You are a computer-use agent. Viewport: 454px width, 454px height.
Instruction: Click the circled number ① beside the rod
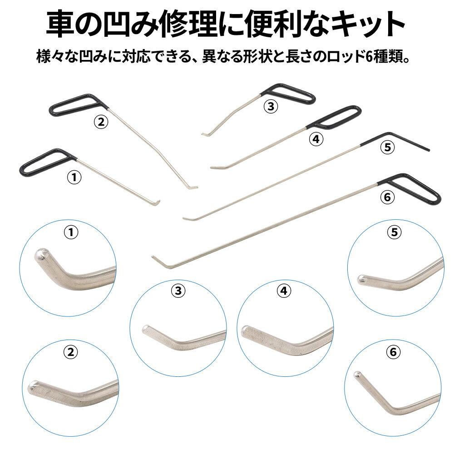[74, 177]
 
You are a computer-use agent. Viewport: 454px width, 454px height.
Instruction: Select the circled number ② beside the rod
[101, 122]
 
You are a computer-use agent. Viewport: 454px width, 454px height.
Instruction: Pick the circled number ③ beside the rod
[271, 106]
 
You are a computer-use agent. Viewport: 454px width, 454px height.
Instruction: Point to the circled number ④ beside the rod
[316, 139]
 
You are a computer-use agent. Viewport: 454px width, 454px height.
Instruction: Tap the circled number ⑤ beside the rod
[387, 147]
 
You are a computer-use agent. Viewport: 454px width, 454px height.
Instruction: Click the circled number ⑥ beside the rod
[387, 197]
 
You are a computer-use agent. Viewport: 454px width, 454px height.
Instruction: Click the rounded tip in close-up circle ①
[40, 254]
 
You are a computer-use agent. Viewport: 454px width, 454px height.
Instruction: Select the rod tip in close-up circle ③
[146, 329]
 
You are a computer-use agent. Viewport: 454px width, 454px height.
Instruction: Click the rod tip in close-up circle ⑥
[358, 375]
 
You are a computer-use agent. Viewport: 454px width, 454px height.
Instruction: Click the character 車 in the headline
[60, 24]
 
